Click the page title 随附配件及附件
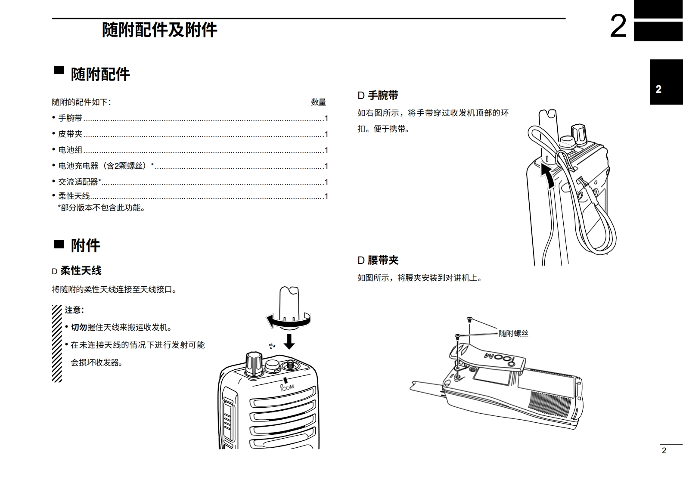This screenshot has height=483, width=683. (x=159, y=30)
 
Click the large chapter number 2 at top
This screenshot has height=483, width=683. (x=618, y=26)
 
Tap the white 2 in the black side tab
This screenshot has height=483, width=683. (x=658, y=89)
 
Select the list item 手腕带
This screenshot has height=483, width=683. (x=70, y=118)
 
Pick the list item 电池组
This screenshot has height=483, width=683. (x=70, y=150)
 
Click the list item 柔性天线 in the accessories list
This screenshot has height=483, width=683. (x=74, y=196)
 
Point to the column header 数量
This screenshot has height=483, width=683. (x=318, y=102)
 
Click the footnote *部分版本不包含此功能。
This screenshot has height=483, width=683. (x=102, y=207)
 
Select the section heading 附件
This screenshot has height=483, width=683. (x=85, y=245)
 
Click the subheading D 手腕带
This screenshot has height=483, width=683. (x=378, y=95)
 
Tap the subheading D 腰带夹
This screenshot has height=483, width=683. (x=378, y=260)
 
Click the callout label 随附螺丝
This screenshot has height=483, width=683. (x=513, y=333)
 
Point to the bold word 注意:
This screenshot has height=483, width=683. (x=74, y=310)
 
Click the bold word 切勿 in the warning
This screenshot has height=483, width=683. (x=79, y=327)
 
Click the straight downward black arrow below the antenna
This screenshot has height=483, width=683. (x=289, y=341)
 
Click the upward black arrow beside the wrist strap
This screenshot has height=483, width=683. (x=548, y=176)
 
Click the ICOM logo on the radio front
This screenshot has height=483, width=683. (x=287, y=387)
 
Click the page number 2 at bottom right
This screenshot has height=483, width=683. (x=664, y=450)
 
